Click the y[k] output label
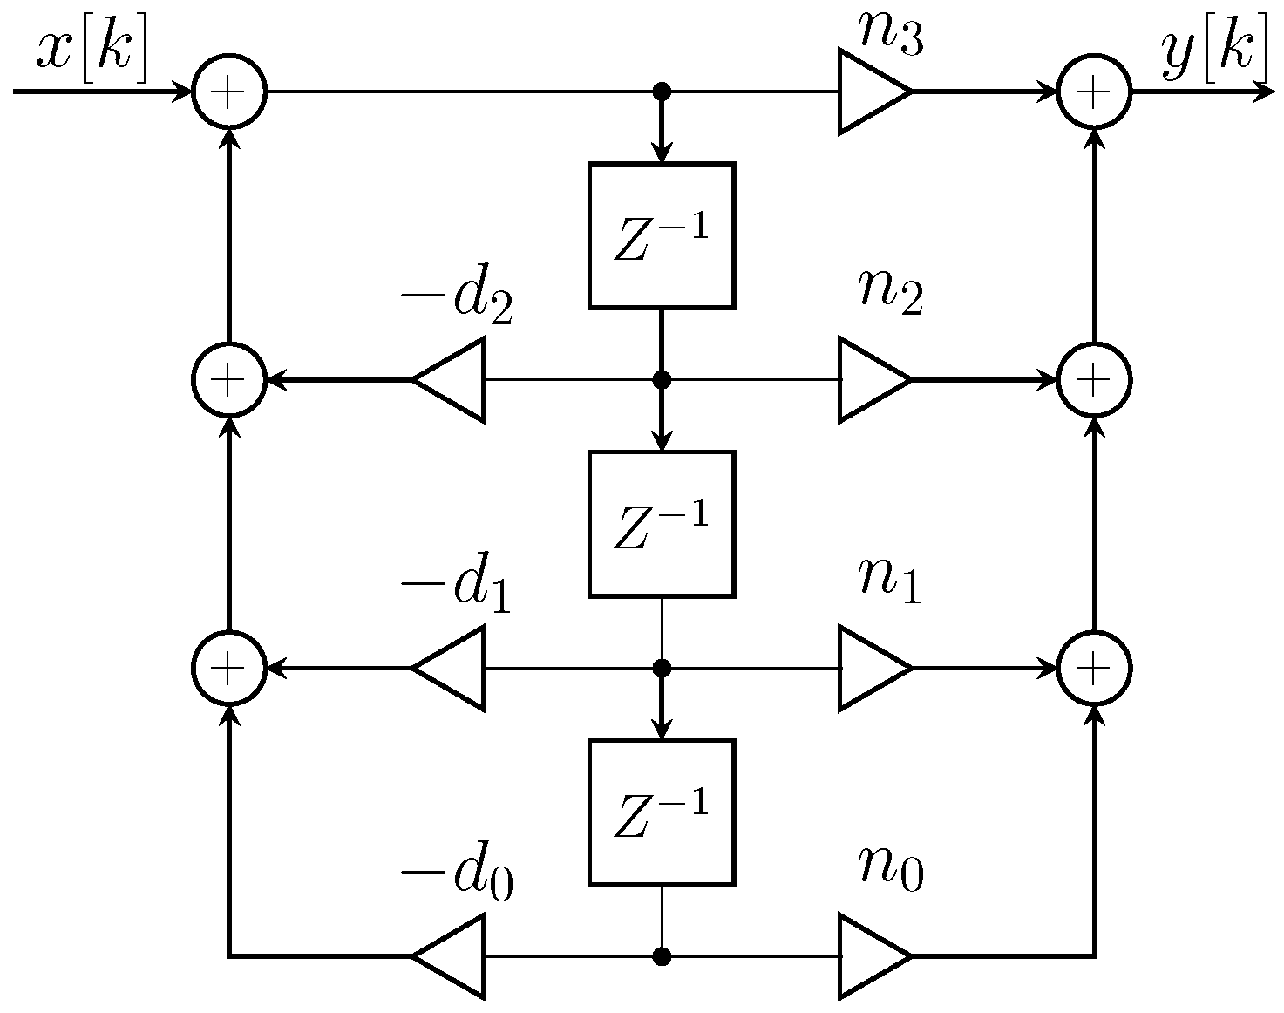point(1215,51)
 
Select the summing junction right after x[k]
point(228,92)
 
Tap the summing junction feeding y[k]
point(1094,92)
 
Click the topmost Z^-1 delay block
point(662,235)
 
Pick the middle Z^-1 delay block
point(662,524)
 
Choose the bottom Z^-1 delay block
point(662,812)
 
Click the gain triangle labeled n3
point(870,92)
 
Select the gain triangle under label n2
point(870,380)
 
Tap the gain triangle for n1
point(870,668)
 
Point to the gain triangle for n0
point(870,956)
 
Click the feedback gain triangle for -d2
point(453,380)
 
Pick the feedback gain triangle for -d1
point(453,668)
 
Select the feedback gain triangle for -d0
point(453,956)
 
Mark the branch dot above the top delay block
point(662,92)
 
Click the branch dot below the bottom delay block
point(662,956)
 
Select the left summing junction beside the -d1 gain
point(228,668)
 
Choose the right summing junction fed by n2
point(1094,380)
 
